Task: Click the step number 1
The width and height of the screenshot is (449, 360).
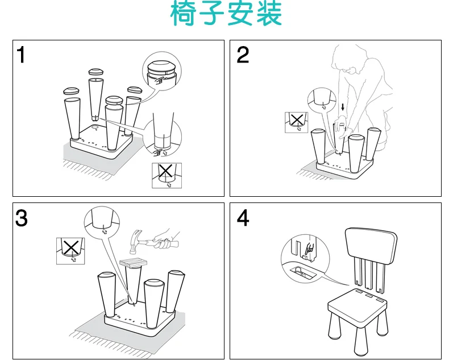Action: [21, 55]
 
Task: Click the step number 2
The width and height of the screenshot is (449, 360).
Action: [243, 55]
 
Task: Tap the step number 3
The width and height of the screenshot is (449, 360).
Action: [21, 218]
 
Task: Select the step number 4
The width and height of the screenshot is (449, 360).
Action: [243, 218]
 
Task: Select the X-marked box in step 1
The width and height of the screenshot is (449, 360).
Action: [166, 175]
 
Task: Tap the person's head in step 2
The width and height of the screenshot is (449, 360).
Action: [348, 57]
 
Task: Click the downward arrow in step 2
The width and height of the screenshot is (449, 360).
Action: [343, 107]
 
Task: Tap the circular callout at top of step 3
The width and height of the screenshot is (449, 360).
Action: [102, 222]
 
